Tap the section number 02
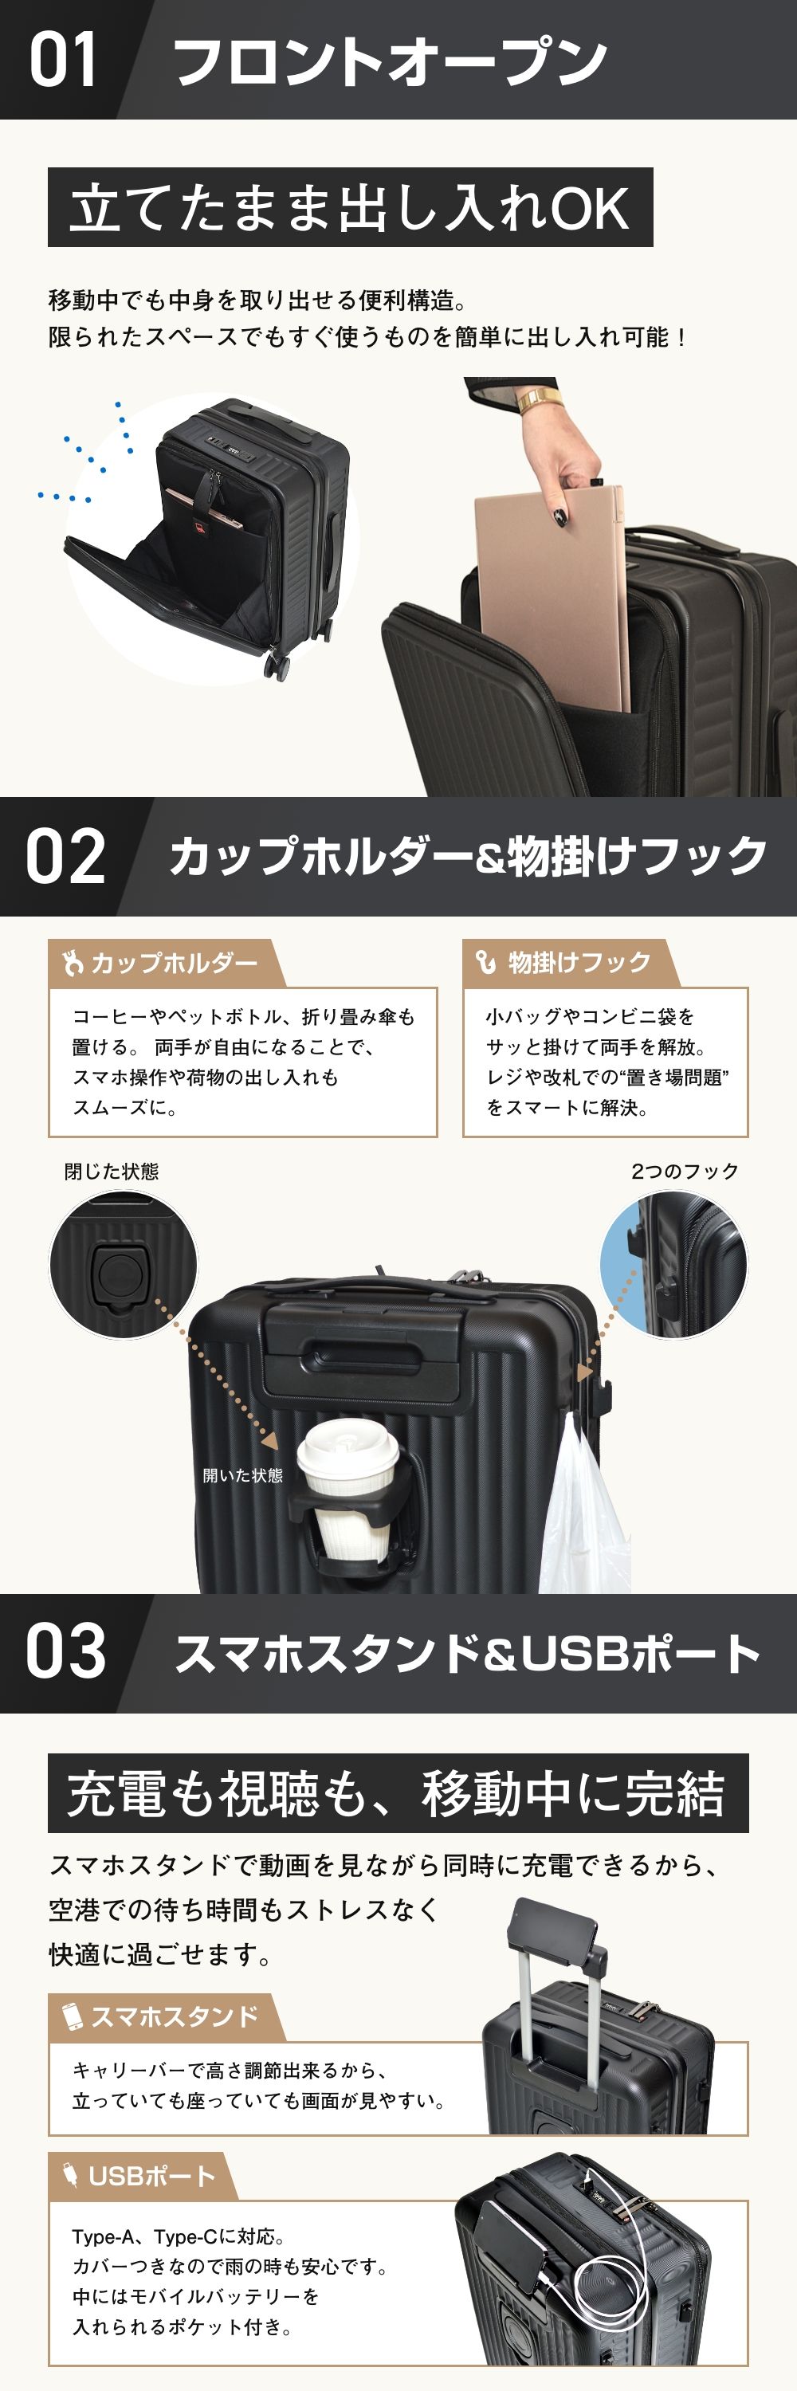(x=65, y=857)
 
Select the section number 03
(x=65, y=1651)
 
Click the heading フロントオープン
(x=390, y=61)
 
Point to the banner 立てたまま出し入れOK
(x=350, y=207)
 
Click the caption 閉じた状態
(x=112, y=1172)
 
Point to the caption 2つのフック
(x=685, y=1172)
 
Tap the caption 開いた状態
(x=243, y=1475)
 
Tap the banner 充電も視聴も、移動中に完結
(x=397, y=1792)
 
